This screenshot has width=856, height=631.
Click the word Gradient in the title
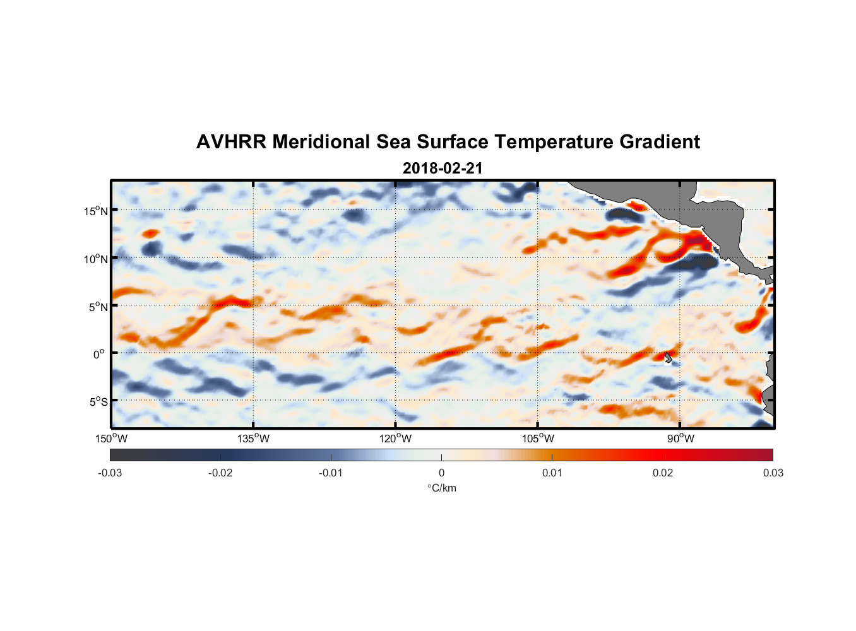click(659, 142)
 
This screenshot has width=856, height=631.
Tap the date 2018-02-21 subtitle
click(443, 168)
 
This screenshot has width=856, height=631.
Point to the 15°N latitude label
click(95, 211)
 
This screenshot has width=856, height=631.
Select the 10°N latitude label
click(95, 259)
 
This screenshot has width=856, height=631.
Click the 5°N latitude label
click(98, 307)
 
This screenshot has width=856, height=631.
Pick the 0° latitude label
click(99, 354)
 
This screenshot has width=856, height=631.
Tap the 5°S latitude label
click(98, 402)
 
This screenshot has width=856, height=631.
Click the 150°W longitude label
click(111, 439)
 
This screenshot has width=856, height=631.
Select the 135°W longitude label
click(254, 439)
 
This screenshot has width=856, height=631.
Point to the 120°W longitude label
click(396, 439)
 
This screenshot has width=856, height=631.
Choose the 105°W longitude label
click(538, 439)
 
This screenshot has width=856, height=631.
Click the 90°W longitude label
click(681, 439)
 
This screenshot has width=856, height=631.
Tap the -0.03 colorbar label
click(110, 473)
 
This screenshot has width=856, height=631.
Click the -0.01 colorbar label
click(331, 473)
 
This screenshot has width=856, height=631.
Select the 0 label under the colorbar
click(441, 473)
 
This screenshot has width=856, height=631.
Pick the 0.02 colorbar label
click(663, 473)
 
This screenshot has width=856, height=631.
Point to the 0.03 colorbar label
click(773, 473)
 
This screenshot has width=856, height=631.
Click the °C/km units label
click(442, 488)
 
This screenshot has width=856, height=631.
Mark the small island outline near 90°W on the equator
click(669, 357)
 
